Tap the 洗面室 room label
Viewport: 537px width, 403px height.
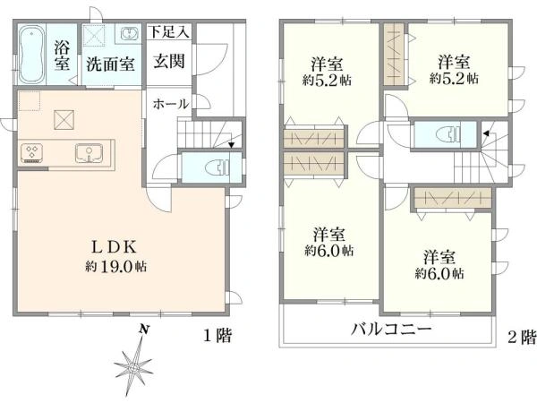tap(111, 64)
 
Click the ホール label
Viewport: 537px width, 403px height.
tap(170, 104)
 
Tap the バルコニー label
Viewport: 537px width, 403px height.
tap(390, 330)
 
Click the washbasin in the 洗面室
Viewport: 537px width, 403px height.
tap(128, 34)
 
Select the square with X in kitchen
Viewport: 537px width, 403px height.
tap(65, 119)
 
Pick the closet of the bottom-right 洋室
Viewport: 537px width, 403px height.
tap(451, 199)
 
